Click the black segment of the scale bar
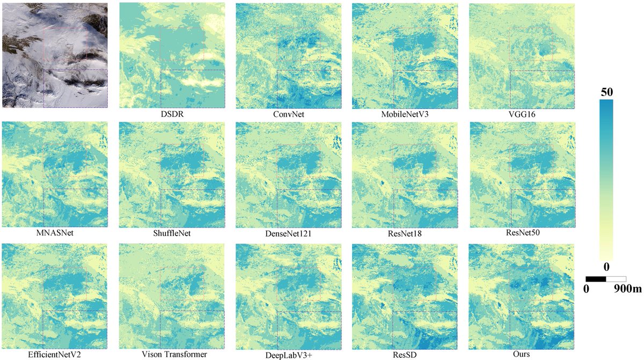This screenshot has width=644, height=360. click(596, 279)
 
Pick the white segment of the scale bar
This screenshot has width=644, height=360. click(616, 279)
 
